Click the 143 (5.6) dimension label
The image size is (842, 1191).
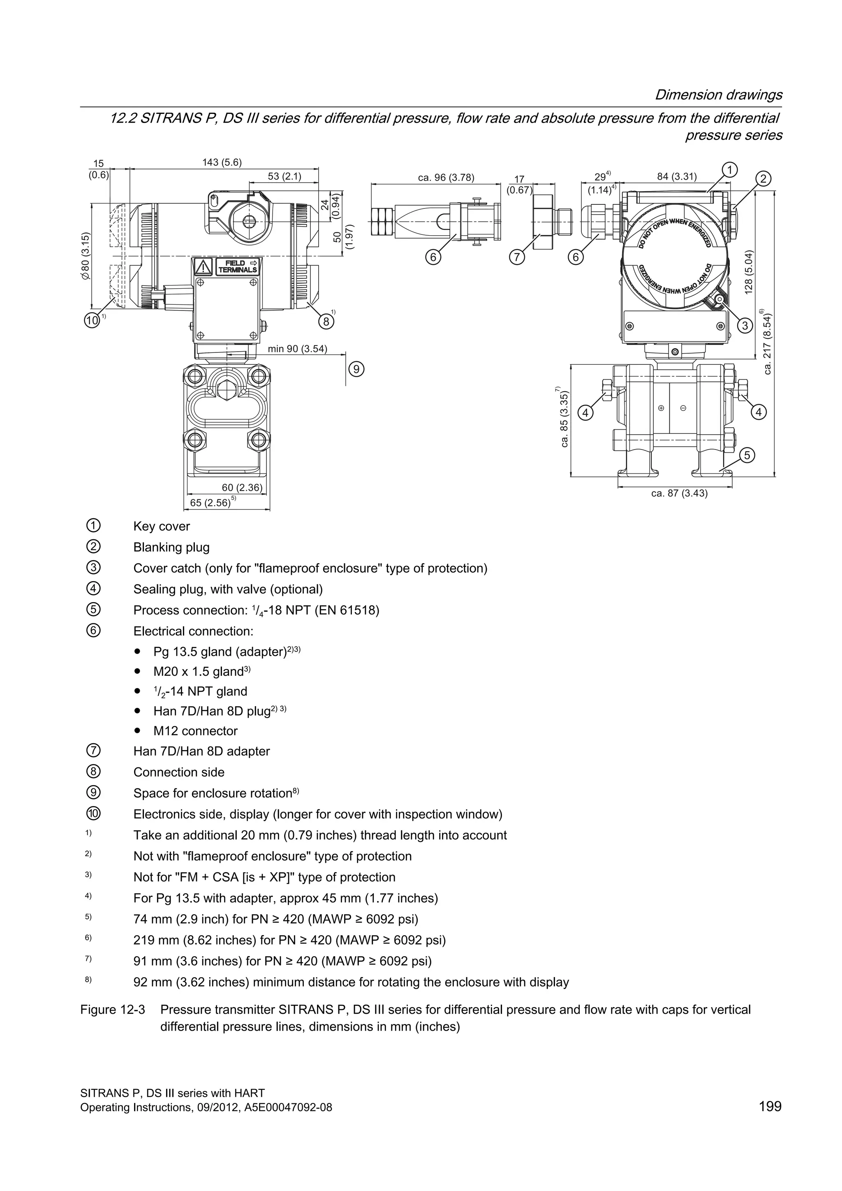222,162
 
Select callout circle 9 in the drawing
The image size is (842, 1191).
356,369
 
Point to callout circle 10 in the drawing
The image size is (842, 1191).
92,320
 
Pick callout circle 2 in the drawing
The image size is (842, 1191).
763,179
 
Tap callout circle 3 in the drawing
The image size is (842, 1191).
745,325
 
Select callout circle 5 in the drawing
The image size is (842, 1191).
747,455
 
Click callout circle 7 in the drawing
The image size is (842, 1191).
516,256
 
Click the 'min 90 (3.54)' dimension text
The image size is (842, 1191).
298,349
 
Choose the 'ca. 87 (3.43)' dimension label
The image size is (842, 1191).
679,494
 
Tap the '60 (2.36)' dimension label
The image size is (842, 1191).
242,488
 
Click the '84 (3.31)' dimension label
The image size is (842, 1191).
677,176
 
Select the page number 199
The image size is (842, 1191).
770,1121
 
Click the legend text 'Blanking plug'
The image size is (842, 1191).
171,547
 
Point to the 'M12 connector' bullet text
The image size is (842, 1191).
195,731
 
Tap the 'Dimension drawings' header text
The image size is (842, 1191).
718,95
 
